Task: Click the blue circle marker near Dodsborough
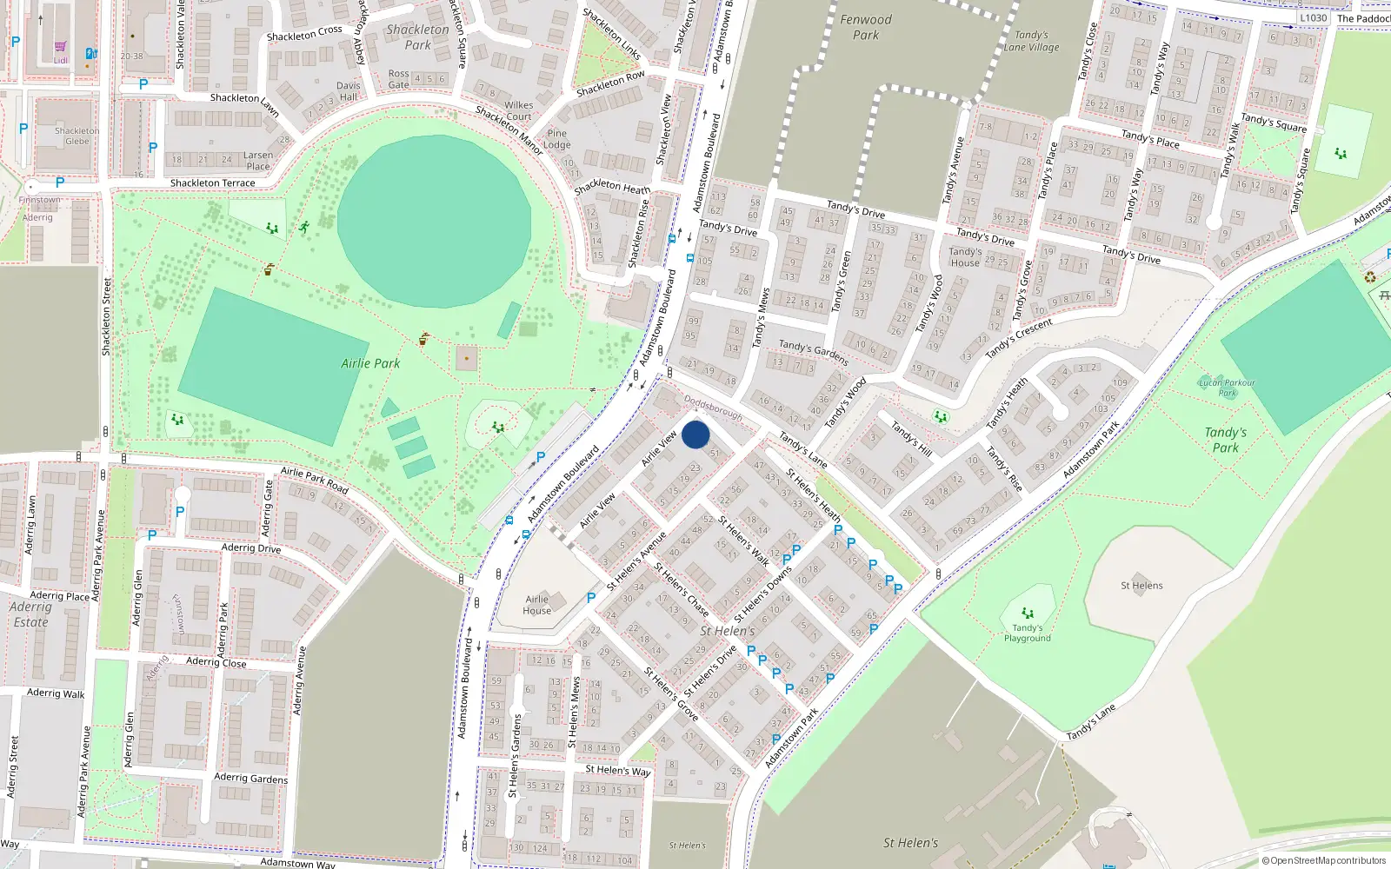pyautogui.click(x=695, y=434)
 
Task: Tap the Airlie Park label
pyautogui.click(x=370, y=363)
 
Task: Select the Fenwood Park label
pyautogui.click(x=865, y=27)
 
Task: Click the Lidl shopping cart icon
pyautogui.click(x=60, y=47)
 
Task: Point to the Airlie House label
pyautogui.click(x=536, y=605)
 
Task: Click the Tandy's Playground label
pyautogui.click(x=1028, y=633)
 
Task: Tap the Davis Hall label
pyautogui.click(x=349, y=91)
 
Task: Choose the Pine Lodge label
pyautogui.click(x=556, y=139)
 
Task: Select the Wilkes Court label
pyautogui.click(x=519, y=110)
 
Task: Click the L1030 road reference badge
pyautogui.click(x=1313, y=17)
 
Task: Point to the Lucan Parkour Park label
pyautogui.click(x=1227, y=388)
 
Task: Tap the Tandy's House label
pyautogui.click(x=965, y=257)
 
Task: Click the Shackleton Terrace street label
pyautogui.click(x=213, y=183)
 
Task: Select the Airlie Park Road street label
pyautogui.click(x=315, y=479)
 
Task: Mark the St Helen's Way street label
pyautogui.click(x=617, y=770)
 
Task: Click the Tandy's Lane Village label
pyautogui.click(x=1032, y=42)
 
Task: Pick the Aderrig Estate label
pyautogui.click(x=31, y=614)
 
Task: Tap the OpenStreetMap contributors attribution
pyautogui.click(x=1323, y=860)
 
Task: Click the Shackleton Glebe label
pyautogui.click(x=77, y=136)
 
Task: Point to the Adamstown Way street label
pyautogui.click(x=297, y=863)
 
